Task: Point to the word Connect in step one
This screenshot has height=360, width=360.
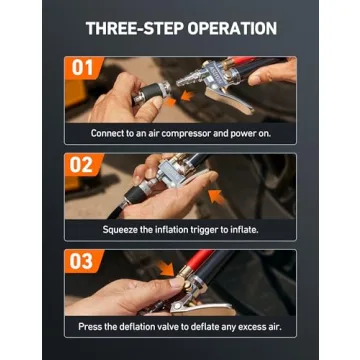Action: [x=108, y=132]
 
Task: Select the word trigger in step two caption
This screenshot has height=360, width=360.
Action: [x=210, y=229]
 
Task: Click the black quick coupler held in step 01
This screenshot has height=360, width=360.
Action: [x=134, y=94]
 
